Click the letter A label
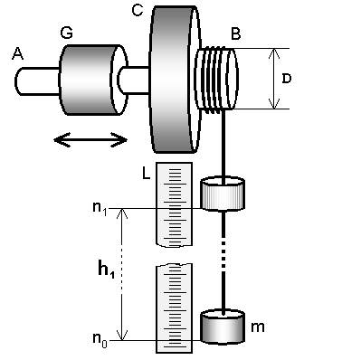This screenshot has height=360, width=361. click(17, 54)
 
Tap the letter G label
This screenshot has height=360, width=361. click(67, 33)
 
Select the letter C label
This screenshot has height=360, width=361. click(138, 10)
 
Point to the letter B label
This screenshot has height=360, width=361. click(235, 33)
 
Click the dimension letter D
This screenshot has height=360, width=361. click(287, 79)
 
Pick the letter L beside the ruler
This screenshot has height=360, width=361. click(146, 174)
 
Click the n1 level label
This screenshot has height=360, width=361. click(100, 208)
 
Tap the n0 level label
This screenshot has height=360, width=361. click(100, 340)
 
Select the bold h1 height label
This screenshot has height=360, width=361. click(107, 269)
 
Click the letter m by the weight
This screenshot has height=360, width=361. click(258, 327)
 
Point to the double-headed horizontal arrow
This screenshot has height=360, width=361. click(90, 140)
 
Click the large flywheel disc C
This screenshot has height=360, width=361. click(175, 79)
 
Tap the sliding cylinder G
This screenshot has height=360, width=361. click(93, 80)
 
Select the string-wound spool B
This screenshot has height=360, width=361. click(216, 80)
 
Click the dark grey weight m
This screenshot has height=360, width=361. click(223, 327)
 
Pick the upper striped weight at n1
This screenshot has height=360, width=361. click(223, 194)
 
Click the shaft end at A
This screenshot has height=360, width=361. click(37, 81)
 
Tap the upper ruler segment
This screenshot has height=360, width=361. click(174, 204)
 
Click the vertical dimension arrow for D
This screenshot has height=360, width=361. click(274, 79)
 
